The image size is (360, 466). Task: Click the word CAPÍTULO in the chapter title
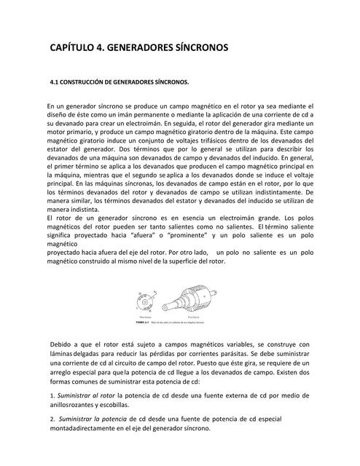71,47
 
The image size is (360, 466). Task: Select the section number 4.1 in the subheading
54,82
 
